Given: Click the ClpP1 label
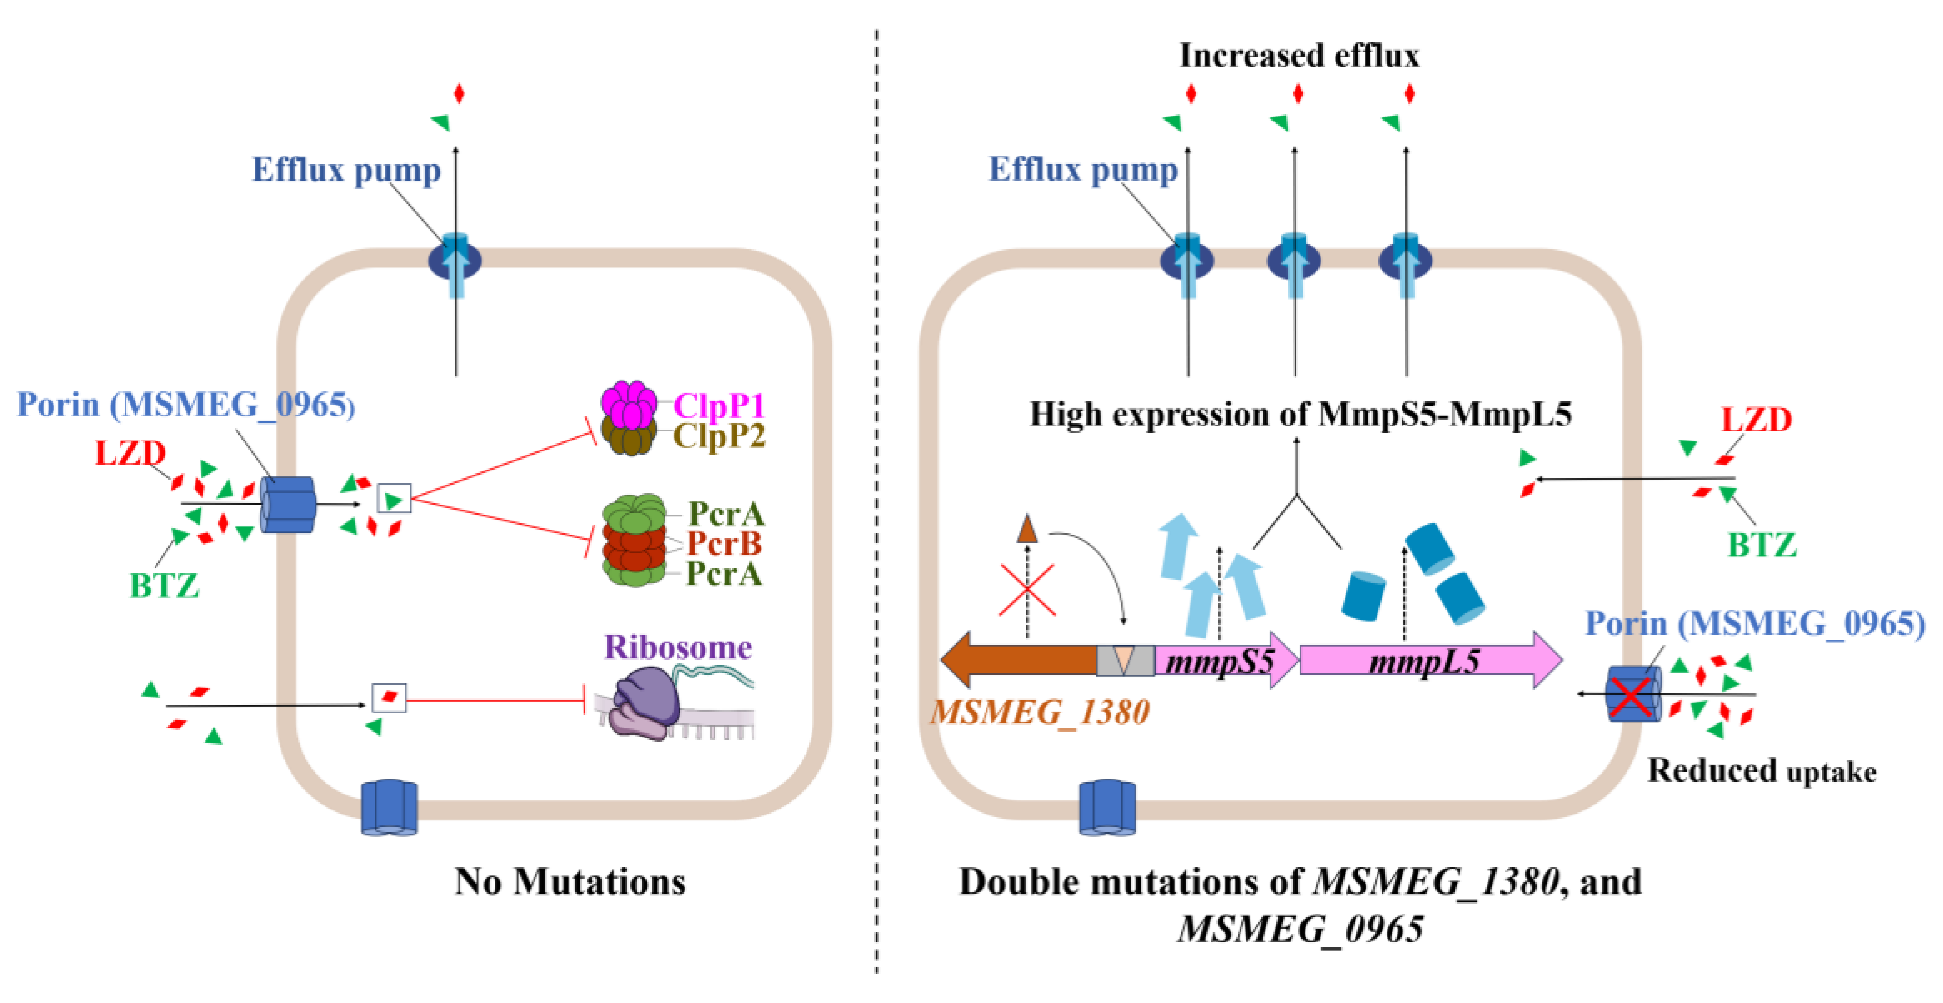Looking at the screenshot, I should point(718,405).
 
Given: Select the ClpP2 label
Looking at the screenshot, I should point(718,436).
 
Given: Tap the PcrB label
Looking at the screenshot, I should point(724,543).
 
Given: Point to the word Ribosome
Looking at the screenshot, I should point(677,647).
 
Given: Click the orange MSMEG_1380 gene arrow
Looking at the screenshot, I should point(1018,660).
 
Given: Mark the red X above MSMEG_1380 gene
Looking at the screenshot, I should point(1027,589).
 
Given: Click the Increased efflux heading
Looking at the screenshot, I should point(1298,55).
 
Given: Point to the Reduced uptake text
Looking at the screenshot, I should point(1761,770).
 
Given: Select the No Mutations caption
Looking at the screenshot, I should point(570,881).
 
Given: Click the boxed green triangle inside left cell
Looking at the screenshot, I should point(394,498).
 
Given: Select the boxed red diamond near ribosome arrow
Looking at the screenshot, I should point(389,697).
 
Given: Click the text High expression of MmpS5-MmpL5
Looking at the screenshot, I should point(1300,414).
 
